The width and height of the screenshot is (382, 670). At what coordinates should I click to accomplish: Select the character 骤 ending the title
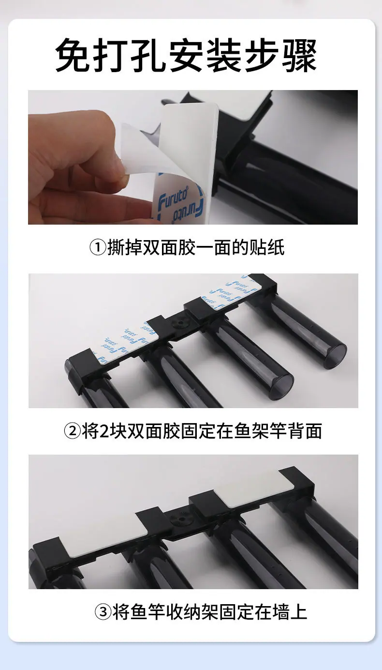[x=300, y=55]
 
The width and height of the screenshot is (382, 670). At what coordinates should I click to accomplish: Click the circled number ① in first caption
[x=98, y=247]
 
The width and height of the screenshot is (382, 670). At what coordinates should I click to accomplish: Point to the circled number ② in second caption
[x=72, y=431]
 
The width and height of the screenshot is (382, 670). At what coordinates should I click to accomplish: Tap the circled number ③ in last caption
[x=103, y=611]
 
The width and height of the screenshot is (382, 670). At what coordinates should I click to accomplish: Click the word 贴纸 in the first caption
[x=267, y=247]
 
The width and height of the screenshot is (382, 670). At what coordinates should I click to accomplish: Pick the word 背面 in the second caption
[x=305, y=431]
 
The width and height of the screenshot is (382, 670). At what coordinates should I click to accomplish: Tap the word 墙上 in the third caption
[x=290, y=611]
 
